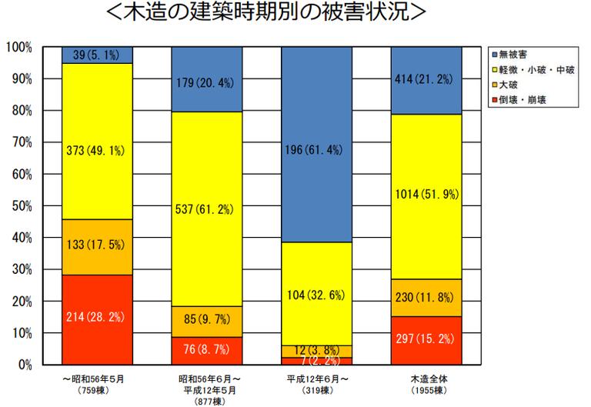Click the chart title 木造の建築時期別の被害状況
296,14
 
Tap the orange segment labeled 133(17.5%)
97,246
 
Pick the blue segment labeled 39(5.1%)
97,55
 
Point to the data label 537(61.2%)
207,209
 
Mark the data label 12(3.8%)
317,349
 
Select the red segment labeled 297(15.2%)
426,340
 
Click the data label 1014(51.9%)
426,195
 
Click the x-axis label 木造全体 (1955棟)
426,384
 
